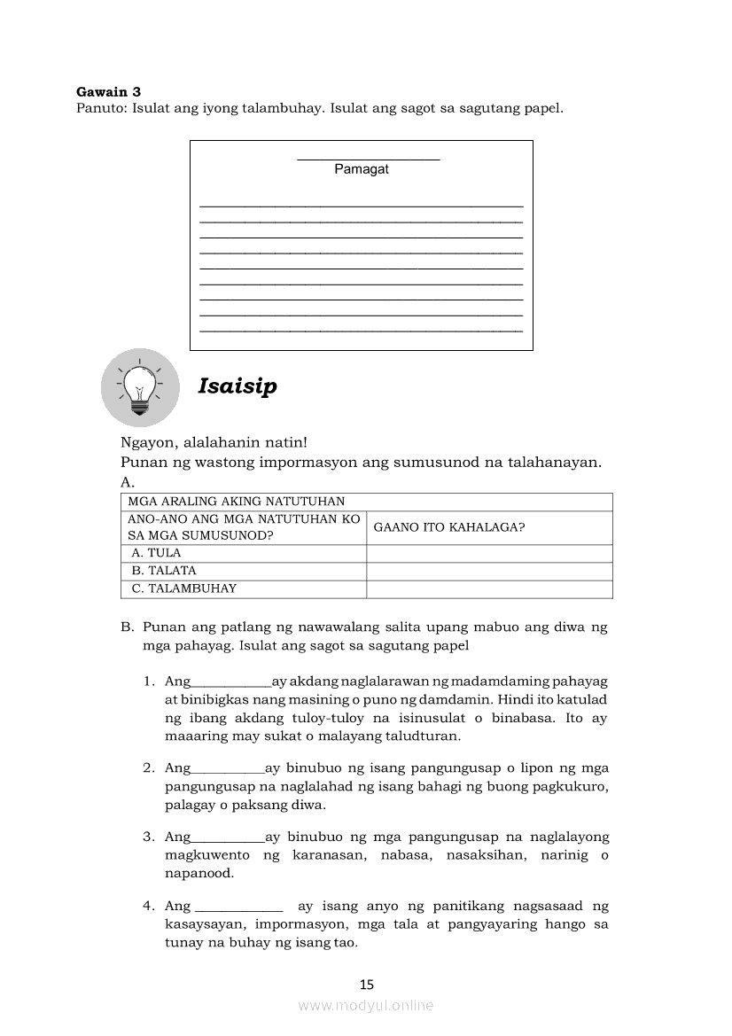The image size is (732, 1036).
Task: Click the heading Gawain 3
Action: point(108,91)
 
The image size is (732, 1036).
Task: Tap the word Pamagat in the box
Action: point(362,169)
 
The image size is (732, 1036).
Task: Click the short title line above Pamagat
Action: point(368,160)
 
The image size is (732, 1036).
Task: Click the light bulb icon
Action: point(139,387)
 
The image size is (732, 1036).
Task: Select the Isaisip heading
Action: point(238,386)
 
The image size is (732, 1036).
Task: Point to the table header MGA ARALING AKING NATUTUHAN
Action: point(236,502)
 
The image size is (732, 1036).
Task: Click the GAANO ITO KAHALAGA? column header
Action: point(449,527)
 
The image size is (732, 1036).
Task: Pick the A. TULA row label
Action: point(156,553)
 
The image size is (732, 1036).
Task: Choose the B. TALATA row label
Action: point(164,571)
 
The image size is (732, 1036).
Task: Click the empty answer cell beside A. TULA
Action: point(489,553)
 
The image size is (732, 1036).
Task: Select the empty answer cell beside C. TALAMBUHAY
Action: point(489,588)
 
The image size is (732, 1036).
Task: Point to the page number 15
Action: point(367,984)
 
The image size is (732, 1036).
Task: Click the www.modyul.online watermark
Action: point(366,1006)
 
